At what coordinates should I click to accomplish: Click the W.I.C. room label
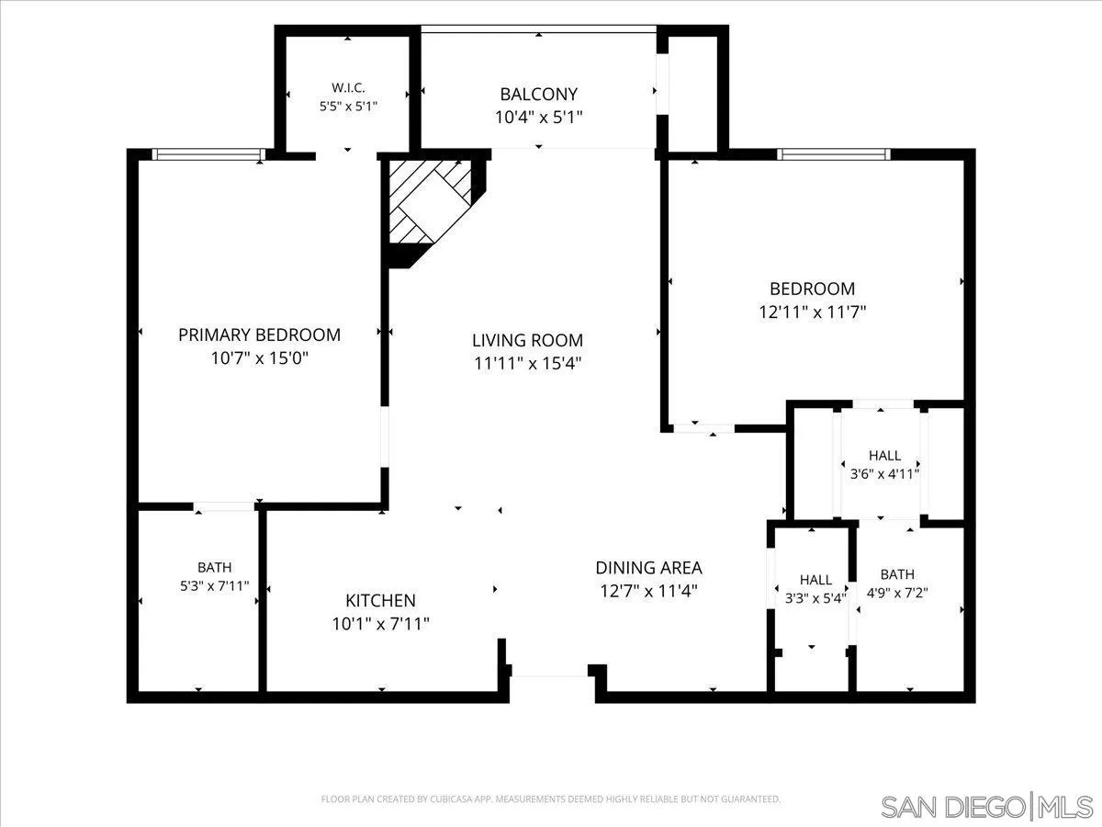pyautogui.click(x=348, y=88)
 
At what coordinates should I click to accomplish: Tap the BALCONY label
pyautogui.click(x=539, y=94)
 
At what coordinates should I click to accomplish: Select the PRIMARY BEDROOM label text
pyautogui.click(x=259, y=334)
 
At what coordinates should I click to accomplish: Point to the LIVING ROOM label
pyautogui.click(x=527, y=340)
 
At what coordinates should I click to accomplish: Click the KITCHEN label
pyautogui.click(x=380, y=601)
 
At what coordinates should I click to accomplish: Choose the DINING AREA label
pyautogui.click(x=648, y=568)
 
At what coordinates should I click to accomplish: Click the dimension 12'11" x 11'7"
pyautogui.click(x=813, y=312)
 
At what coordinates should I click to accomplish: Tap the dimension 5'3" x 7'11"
pyautogui.click(x=214, y=586)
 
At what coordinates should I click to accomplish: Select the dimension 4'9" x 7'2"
pyautogui.click(x=897, y=593)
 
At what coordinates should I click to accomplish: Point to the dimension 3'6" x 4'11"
pyautogui.click(x=884, y=474)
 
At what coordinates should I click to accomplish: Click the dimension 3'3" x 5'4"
pyautogui.click(x=815, y=598)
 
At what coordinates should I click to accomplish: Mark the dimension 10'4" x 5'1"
pyautogui.click(x=539, y=118)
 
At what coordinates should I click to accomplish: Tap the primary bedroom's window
pyautogui.click(x=208, y=154)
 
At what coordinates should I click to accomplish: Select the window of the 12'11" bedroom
pyautogui.click(x=834, y=154)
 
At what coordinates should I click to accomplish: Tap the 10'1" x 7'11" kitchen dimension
pyautogui.click(x=380, y=624)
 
